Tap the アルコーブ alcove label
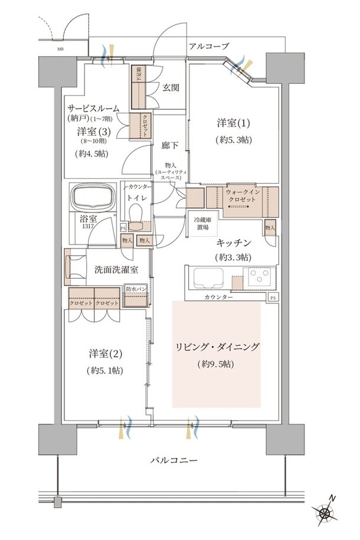(x=209, y=46)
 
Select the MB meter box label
(x=60, y=50)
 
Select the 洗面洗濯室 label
(x=116, y=270)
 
